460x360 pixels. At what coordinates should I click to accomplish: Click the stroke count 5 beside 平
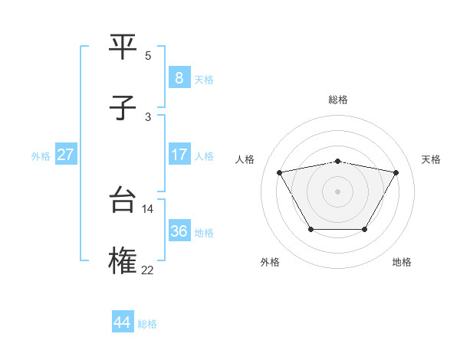click(x=148, y=55)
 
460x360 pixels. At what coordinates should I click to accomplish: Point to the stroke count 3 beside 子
click(x=148, y=116)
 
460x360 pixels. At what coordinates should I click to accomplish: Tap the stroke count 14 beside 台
click(x=148, y=208)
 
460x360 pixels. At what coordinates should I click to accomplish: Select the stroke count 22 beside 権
click(x=148, y=270)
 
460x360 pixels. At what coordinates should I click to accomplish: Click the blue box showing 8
click(x=179, y=77)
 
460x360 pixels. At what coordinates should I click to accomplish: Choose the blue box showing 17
click(x=179, y=155)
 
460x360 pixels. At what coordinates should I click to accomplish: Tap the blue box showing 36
click(x=179, y=231)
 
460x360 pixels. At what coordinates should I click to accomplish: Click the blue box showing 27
click(x=65, y=155)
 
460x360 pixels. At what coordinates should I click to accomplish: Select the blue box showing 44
click(x=122, y=322)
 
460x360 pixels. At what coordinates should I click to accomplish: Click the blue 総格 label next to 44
click(x=147, y=324)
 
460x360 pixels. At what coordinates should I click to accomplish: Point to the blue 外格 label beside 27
click(x=41, y=156)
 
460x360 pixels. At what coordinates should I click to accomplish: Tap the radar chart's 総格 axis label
click(x=338, y=100)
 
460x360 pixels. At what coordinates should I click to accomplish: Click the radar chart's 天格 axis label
click(x=431, y=159)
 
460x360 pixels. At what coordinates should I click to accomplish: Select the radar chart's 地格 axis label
click(x=402, y=262)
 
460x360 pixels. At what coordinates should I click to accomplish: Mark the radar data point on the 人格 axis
click(x=279, y=172)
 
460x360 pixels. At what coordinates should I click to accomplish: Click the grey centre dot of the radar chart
click(x=337, y=191)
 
